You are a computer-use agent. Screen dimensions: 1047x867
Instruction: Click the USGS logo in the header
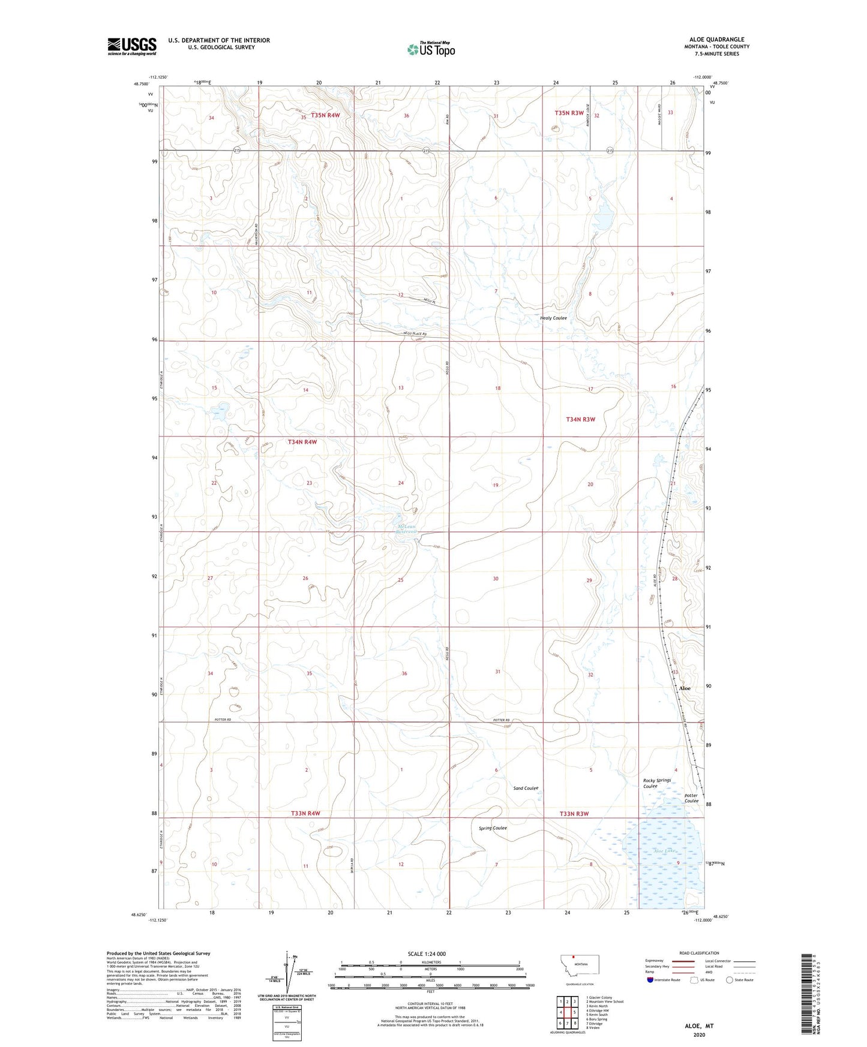coord(132,46)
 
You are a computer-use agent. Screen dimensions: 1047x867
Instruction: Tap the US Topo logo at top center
coord(430,49)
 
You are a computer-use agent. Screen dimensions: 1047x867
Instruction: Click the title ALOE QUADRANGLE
coord(716,40)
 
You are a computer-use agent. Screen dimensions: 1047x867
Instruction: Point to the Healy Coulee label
coord(553,318)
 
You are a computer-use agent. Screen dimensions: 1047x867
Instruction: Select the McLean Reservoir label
coord(406,530)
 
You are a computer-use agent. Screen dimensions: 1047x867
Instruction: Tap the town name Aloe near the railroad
coord(685,688)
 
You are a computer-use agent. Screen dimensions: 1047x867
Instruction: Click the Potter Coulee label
coord(691,798)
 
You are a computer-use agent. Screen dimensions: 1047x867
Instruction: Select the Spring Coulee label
coord(493,828)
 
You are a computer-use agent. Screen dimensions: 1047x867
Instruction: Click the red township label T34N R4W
coord(302,442)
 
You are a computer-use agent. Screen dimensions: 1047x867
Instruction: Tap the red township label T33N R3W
coord(574,814)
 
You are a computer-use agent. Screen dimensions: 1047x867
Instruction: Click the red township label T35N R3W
coord(569,113)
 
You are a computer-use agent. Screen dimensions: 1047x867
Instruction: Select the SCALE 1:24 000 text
coord(427,953)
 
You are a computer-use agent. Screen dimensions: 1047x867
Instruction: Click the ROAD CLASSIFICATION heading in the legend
coord(699,953)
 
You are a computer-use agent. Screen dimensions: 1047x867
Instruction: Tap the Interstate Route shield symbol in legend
coord(650,980)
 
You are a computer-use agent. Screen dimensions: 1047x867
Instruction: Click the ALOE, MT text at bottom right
coord(699,1026)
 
